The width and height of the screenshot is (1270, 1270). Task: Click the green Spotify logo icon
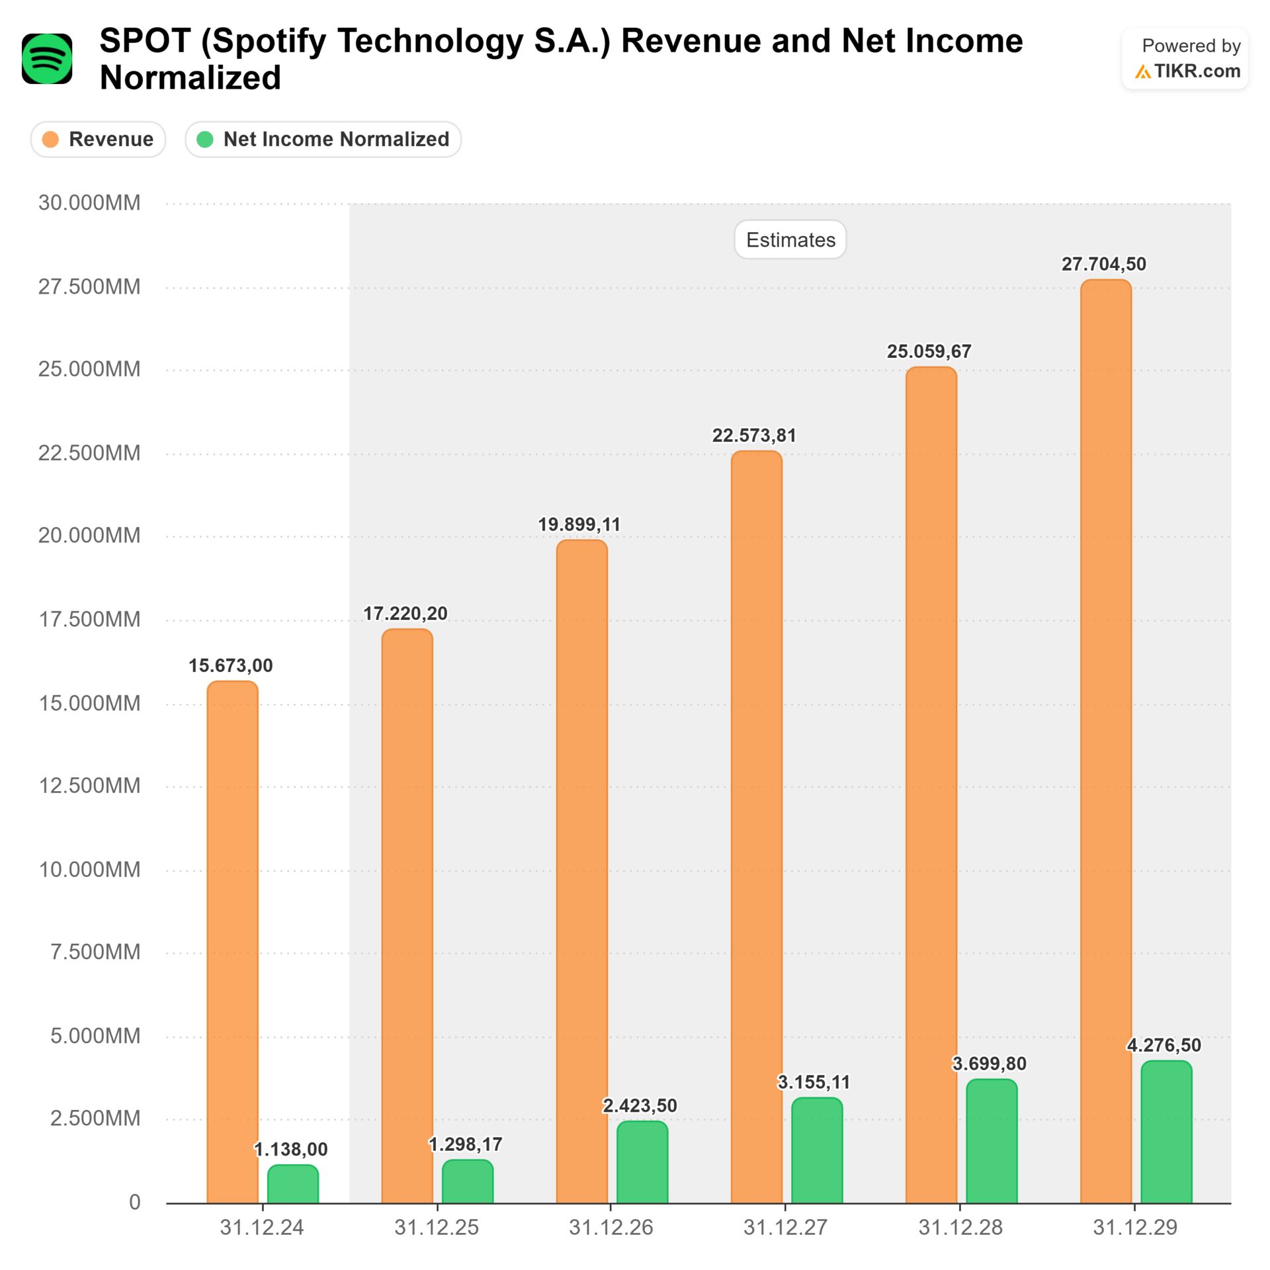tap(47, 59)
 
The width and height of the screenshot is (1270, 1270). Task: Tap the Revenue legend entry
tap(98, 140)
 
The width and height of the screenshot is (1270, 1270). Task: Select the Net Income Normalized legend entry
tap(323, 140)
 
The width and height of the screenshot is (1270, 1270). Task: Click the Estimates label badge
tap(790, 239)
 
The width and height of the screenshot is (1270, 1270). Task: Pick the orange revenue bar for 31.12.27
tap(756, 827)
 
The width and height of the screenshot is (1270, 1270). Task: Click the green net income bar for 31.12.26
tap(642, 1162)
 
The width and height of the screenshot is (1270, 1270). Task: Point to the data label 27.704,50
tap(1103, 264)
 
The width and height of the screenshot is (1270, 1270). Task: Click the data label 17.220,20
tap(405, 613)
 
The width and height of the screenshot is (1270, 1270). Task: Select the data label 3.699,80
tap(989, 1064)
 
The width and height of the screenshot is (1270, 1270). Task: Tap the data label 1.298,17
tap(465, 1144)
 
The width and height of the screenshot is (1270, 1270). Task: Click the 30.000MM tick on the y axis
tap(89, 202)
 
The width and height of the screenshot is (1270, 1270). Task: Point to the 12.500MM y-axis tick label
tap(89, 786)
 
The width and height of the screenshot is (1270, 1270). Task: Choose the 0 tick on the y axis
tap(134, 1202)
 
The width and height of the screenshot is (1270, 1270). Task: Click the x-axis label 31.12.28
tap(960, 1228)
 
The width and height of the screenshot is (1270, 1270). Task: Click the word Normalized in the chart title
tap(190, 78)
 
